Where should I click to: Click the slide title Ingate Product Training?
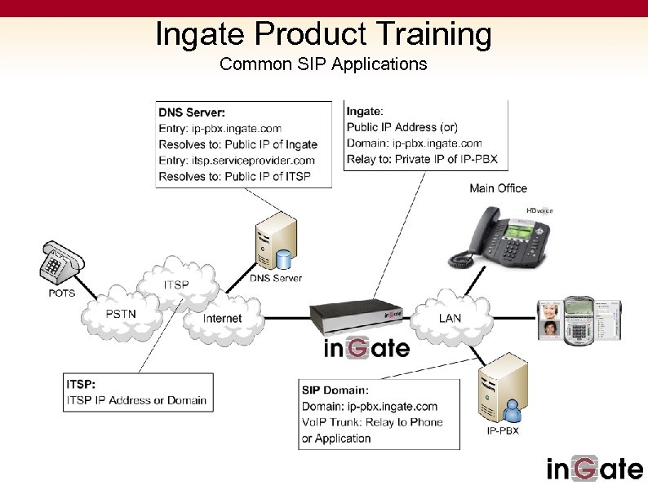323,34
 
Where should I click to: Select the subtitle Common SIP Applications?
323,64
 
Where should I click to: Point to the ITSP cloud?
176,284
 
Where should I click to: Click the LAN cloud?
450,317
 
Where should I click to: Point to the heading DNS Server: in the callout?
192,112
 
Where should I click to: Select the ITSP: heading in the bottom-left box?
82,383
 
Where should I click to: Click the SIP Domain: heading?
335,390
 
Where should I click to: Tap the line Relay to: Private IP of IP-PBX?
421,159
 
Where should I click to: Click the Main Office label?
498,188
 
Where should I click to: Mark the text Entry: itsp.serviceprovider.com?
236,161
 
